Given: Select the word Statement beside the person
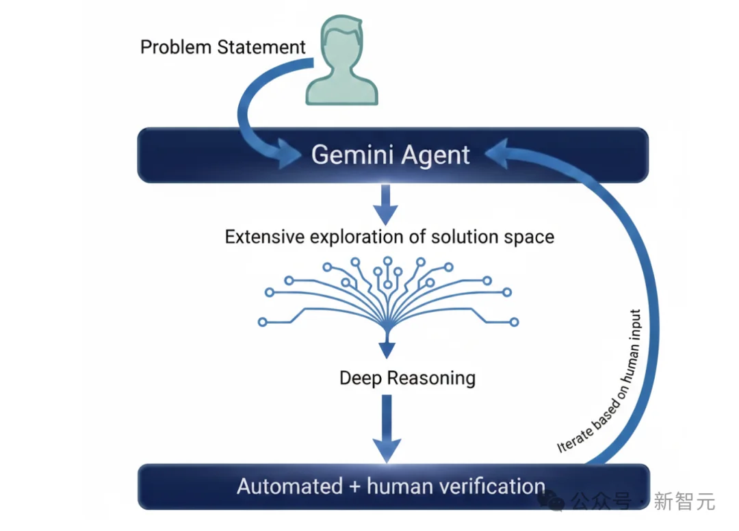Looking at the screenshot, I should click(x=262, y=47).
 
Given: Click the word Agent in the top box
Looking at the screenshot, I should click(x=438, y=155).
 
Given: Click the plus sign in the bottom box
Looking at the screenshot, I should click(x=355, y=487).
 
